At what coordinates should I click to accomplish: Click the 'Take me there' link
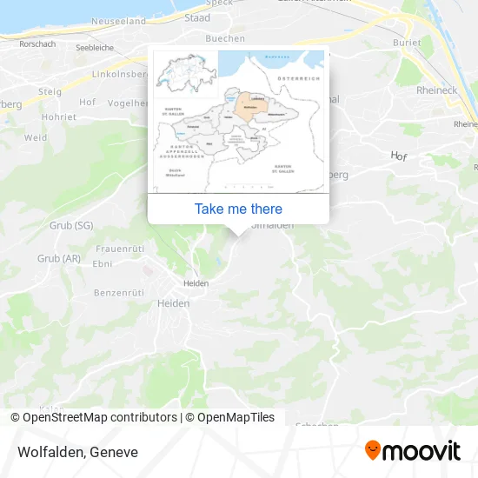click(x=238, y=209)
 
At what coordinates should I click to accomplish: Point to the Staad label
click(x=197, y=17)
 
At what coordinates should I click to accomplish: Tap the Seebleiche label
click(x=96, y=48)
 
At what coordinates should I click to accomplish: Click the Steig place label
click(x=50, y=90)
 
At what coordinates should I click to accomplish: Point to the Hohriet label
click(x=59, y=116)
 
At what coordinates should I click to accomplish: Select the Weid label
click(x=36, y=137)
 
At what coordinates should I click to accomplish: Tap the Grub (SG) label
click(x=71, y=226)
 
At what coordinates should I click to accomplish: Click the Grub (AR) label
click(x=59, y=258)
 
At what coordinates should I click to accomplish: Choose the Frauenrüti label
click(x=119, y=249)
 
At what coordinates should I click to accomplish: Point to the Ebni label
click(x=103, y=264)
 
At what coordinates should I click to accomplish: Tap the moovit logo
click(x=412, y=450)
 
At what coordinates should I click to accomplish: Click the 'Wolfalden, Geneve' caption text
click(x=76, y=452)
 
